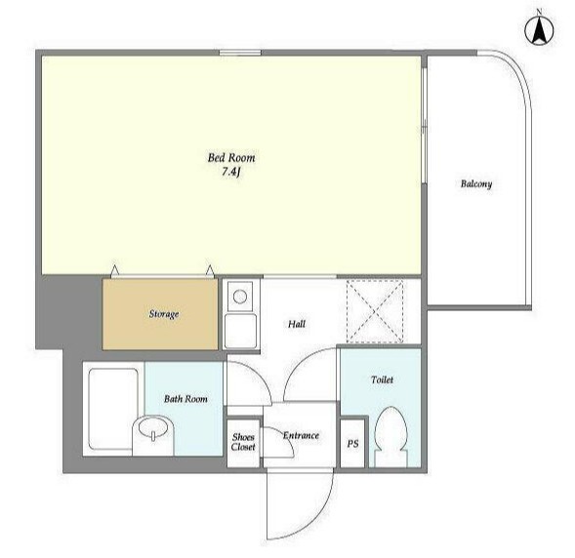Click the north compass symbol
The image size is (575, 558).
click(x=539, y=31)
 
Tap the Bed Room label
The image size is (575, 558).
click(x=231, y=158)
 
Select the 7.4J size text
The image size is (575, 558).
click(x=230, y=172)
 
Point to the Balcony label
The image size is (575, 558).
click(x=476, y=183)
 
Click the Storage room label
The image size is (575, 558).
click(x=164, y=314)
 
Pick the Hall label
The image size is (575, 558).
click(x=297, y=324)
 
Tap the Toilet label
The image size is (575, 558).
click(x=382, y=379)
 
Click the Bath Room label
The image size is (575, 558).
click(x=185, y=399)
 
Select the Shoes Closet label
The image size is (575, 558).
click(x=243, y=442)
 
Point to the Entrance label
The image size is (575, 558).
click(x=301, y=436)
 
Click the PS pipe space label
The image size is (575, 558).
click(x=352, y=444)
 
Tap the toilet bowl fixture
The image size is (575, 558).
click(x=390, y=437)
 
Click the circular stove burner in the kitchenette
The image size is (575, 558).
click(x=240, y=296)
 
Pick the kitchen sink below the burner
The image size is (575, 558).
click(x=240, y=331)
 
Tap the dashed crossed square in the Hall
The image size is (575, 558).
click(x=375, y=311)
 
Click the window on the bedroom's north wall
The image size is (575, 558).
click(x=240, y=53)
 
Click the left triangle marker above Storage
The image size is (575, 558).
click(x=115, y=270)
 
